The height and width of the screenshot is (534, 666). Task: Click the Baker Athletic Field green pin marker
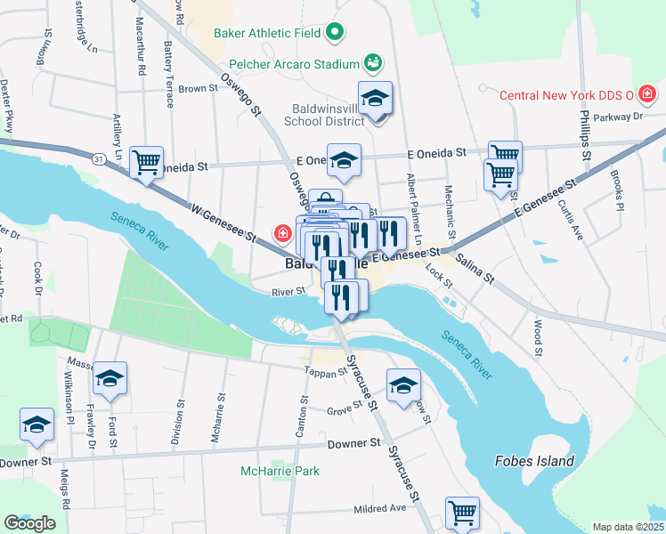[x=335, y=34]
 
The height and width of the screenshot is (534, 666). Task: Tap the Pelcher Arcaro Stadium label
[x=294, y=64]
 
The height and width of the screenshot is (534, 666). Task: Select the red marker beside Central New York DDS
[x=646, y=93]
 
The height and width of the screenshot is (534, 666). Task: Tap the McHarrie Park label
[x=279, y=470]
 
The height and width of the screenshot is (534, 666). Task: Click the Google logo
[x=29, y=523]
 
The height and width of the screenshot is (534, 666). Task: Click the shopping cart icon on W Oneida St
[x=146, y=162]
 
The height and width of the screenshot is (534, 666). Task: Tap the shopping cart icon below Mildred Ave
[x=462, y=513]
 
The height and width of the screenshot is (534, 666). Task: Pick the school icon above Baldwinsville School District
[x=375, y=98]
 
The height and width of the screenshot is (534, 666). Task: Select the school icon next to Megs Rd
[x=37, y=425]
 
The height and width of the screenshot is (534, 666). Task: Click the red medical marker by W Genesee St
[x=283, y=234]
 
